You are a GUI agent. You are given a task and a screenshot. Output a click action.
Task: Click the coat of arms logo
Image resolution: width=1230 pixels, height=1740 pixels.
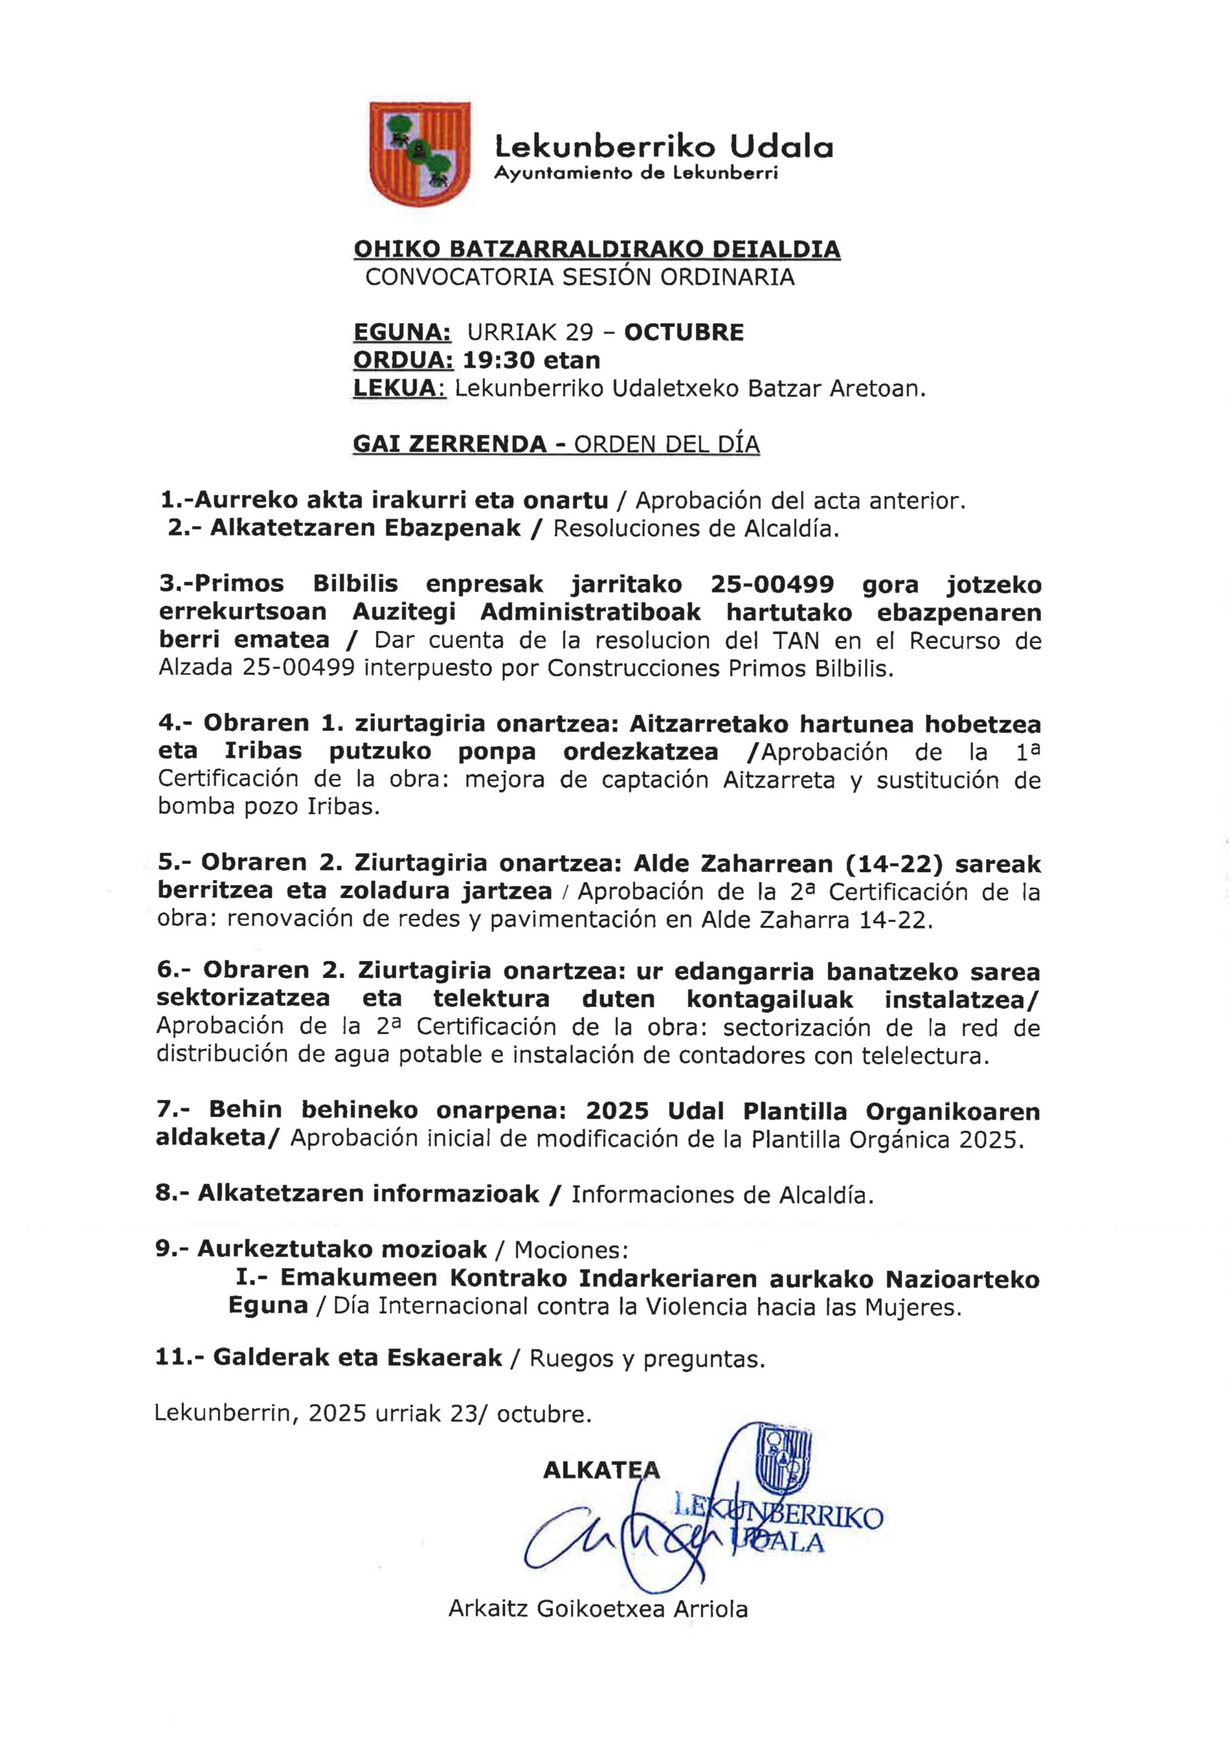(x=420, y=154)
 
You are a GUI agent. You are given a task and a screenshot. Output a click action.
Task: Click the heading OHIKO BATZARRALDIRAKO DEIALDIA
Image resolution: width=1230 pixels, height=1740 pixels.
(x=597, y=249)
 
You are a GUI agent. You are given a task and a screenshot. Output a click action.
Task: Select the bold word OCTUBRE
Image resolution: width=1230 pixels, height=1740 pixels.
(x=684, y=332)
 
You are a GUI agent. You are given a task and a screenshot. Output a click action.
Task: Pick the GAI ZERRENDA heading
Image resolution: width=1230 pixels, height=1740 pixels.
(x=449, y=444)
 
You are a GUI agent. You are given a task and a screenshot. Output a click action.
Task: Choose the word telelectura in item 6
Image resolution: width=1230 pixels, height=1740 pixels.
(x=923, y=1055)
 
